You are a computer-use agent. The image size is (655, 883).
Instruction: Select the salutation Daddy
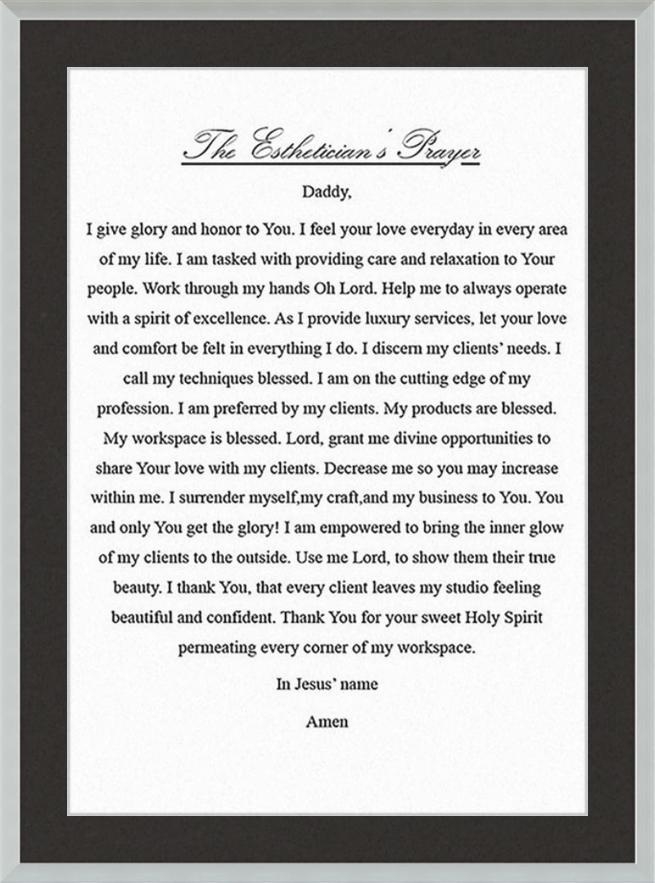pos(326,193)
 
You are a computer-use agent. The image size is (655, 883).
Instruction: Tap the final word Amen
pos(327,722)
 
